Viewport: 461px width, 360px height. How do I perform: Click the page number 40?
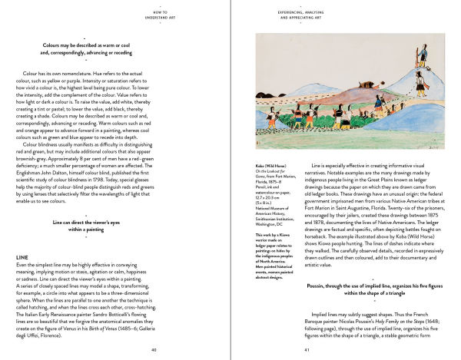pyautogui.click(x=154, y=349)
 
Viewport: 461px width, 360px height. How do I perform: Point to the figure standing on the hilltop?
pyautogui.click(x=423, y=54)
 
